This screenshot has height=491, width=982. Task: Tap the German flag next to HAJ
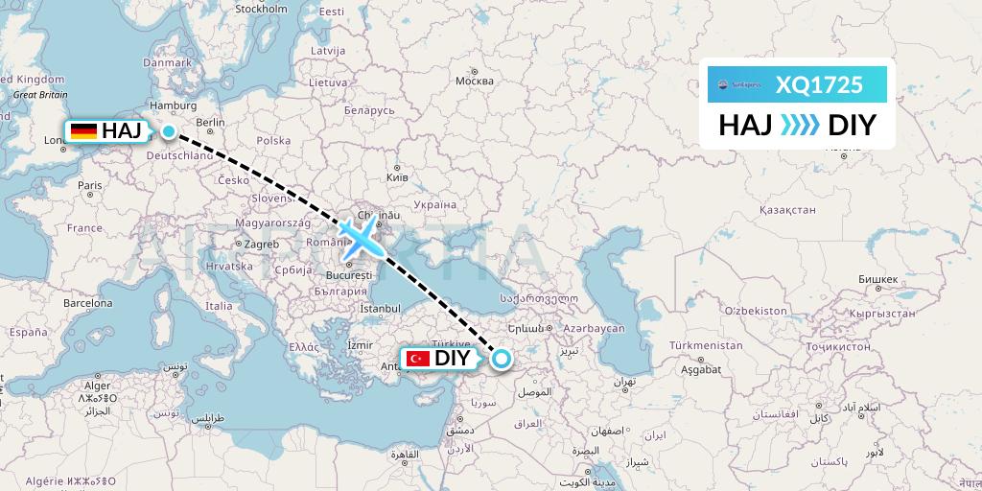point(83,130)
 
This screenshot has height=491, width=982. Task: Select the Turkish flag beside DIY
point(417,359)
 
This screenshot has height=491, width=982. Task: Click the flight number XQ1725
point(819,85)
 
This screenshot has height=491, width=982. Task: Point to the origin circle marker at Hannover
point(169,131)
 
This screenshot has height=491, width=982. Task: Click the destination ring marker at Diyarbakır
point(502,360)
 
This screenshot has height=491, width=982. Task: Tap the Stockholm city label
point(261,9)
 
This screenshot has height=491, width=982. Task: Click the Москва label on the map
point(474,81)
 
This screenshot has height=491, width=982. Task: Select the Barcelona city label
point(87,302)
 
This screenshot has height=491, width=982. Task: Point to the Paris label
point(90,185)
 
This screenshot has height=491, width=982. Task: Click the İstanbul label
point(380,309)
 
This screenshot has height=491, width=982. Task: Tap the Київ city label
point(396,177)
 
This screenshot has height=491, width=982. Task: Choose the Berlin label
point(210,123)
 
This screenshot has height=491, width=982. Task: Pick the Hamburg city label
point(174,105)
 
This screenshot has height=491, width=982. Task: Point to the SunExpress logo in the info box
point(736,85)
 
